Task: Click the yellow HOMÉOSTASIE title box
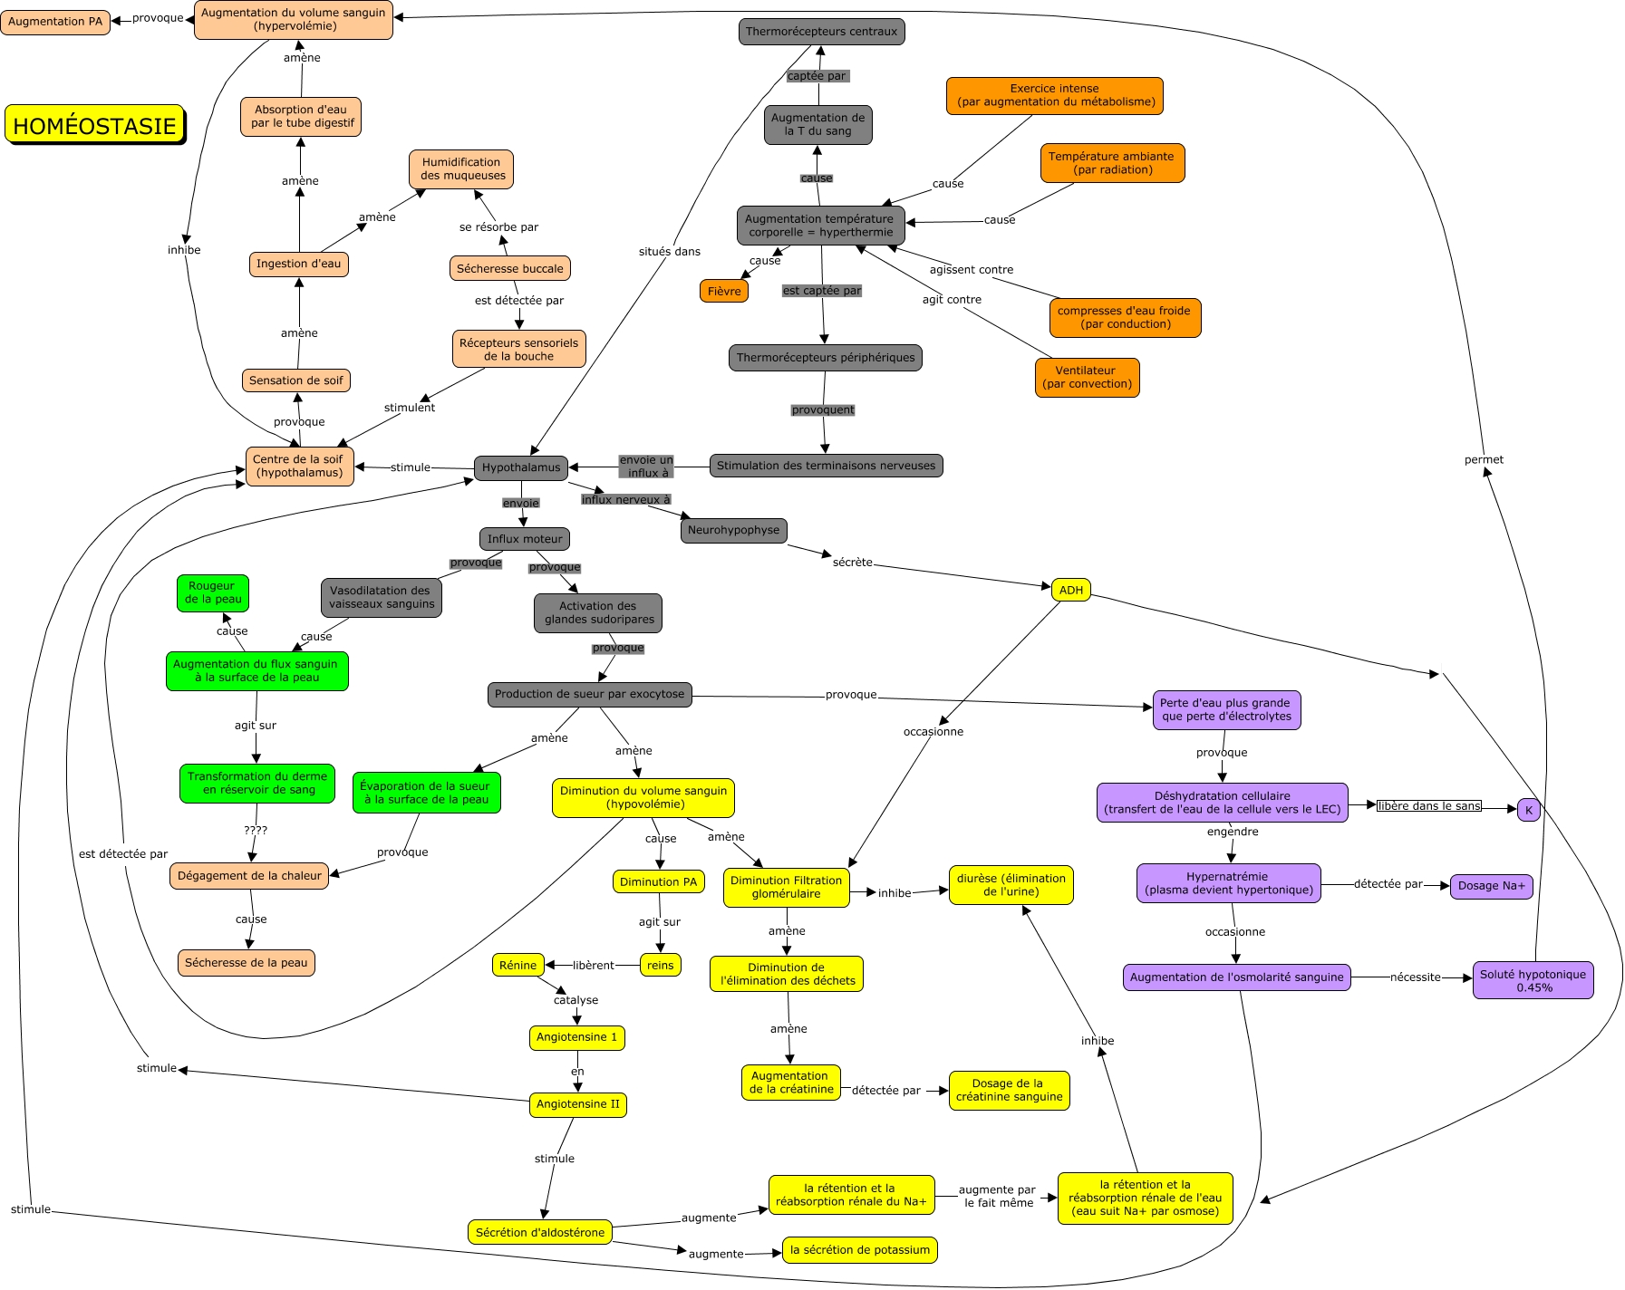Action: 94,125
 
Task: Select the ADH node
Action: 1070,591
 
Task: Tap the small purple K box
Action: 1528,810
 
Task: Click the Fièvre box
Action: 723,292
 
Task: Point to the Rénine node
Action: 517,966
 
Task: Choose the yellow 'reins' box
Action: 660,966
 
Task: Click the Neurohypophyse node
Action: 733,531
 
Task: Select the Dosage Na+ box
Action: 1491,886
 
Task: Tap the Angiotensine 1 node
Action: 576,1037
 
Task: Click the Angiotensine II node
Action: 577,1104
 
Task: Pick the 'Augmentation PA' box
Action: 55,22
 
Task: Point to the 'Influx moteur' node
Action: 525,539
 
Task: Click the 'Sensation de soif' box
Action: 295,380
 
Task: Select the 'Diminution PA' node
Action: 658,882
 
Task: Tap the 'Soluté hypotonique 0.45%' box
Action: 1533,980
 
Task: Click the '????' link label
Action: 256,831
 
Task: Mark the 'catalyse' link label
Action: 576,1000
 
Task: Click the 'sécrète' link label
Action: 852,563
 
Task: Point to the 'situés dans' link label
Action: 669,252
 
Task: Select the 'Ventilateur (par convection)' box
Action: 1087,377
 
